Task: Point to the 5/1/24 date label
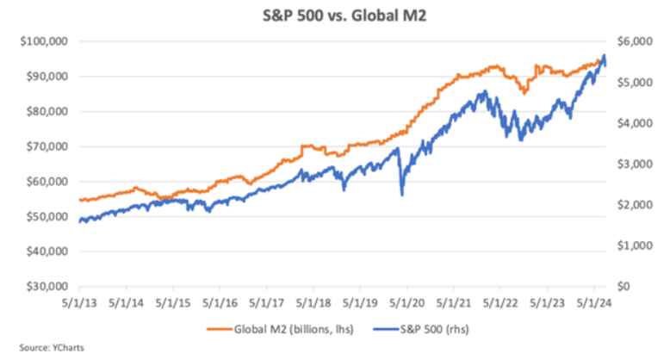[x=593, y=303]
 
